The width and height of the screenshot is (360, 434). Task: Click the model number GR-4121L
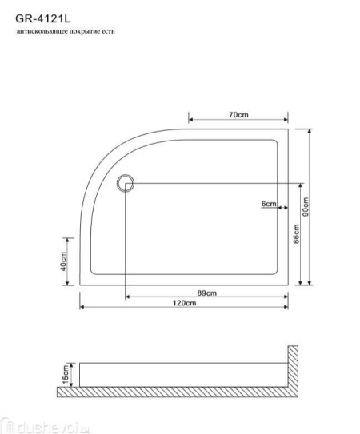43,19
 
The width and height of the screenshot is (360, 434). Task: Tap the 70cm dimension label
238,115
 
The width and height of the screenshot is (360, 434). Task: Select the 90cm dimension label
306,207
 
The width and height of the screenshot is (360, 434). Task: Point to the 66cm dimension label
297,233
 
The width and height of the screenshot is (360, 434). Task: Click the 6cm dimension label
269,204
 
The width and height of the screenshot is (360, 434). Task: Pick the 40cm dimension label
63,261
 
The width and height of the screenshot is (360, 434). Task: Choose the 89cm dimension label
207,293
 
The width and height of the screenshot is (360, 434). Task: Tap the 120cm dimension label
185,303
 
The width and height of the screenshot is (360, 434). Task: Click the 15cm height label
66,375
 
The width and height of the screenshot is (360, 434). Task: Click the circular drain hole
126,176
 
